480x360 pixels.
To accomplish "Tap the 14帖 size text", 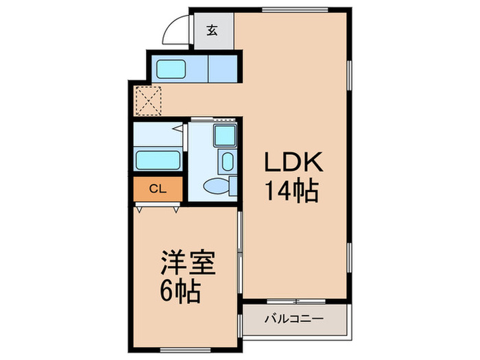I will (293, 191).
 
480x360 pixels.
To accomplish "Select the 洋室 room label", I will (188, 265).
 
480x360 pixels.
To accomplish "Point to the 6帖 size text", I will (181, 293).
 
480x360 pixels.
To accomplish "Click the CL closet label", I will (157, 188).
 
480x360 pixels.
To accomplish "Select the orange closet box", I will (158, 189).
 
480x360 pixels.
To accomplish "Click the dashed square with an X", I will (147, 101).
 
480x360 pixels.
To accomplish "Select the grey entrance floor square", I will (213, 30).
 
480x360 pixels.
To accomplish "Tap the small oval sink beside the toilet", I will (228, 162).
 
